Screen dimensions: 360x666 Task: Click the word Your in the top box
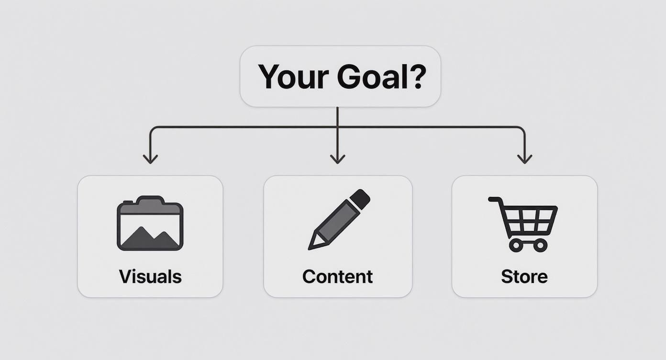click(293, 77)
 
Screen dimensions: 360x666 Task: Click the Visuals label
click(150, 277)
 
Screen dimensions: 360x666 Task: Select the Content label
click(337, 277)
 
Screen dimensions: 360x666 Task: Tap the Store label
click(524, 277)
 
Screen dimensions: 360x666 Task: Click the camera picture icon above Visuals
click(150, 224)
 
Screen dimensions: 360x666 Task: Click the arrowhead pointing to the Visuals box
click(150, 159)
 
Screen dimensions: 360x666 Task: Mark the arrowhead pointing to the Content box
click(337, 159)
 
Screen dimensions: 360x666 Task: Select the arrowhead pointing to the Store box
click(525, 159)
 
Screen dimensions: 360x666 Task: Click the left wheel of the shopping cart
click(515, 246)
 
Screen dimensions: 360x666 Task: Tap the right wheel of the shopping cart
click(540, 246)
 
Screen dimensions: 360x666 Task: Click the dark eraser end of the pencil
click(360, 199)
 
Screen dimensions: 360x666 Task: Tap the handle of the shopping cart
click(494, 199)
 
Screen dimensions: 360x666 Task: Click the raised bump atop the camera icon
click(150, 199)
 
